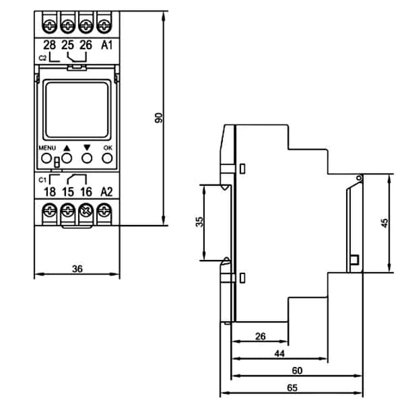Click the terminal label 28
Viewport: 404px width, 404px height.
tap(49, 45)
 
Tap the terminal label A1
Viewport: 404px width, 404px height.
tap(106, 45)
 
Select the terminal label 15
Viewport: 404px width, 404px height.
tap(68, 192)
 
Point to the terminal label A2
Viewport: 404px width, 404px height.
tap(106, 192)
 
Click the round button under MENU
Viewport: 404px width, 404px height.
tap(46, 158)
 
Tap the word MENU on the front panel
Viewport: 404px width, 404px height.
tap(47, 148)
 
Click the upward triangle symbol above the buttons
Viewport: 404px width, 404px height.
tap(67, 148)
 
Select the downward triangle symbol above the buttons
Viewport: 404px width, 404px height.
tap(87, 147)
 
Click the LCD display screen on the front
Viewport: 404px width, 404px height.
tap(77, 110)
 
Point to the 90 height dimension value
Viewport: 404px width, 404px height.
tap(159, 118)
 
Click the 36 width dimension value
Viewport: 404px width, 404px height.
tap(77, 269)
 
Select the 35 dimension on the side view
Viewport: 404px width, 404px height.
tap(199, 222)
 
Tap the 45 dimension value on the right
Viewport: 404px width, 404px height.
tap(384, 223)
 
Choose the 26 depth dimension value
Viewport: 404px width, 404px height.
tap(260, 336)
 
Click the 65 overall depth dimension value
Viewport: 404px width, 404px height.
tap(292, 388)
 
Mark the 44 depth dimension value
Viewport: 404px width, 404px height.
tap(279, 353)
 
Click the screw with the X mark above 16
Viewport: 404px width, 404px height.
tap(86, 211)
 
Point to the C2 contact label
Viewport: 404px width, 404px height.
tap(42, 58)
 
